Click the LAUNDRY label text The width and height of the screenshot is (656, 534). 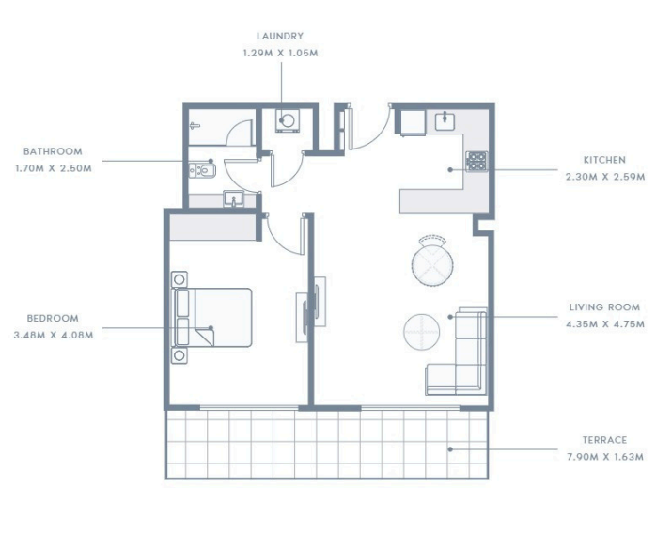280,37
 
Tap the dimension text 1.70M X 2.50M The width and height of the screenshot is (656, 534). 54,168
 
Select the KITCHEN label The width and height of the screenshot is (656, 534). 604,160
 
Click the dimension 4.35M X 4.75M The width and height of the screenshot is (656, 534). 605,324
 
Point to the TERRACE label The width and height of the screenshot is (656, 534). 604,440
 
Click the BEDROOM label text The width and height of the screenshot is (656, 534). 53,318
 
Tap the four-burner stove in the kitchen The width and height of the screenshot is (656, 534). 476,161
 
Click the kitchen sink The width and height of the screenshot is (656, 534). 445,121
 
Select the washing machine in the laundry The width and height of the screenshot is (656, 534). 287,121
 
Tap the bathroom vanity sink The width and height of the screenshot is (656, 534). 233,198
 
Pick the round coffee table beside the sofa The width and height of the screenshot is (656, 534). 421,331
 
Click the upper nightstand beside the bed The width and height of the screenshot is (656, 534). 180,278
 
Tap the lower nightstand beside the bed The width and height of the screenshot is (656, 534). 180,355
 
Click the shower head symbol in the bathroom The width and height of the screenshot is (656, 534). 195,125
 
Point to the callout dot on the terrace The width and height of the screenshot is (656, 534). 450,449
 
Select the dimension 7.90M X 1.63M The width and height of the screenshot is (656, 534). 605,457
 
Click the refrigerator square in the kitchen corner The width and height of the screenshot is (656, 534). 414,122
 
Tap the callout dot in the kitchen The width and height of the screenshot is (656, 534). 450,169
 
